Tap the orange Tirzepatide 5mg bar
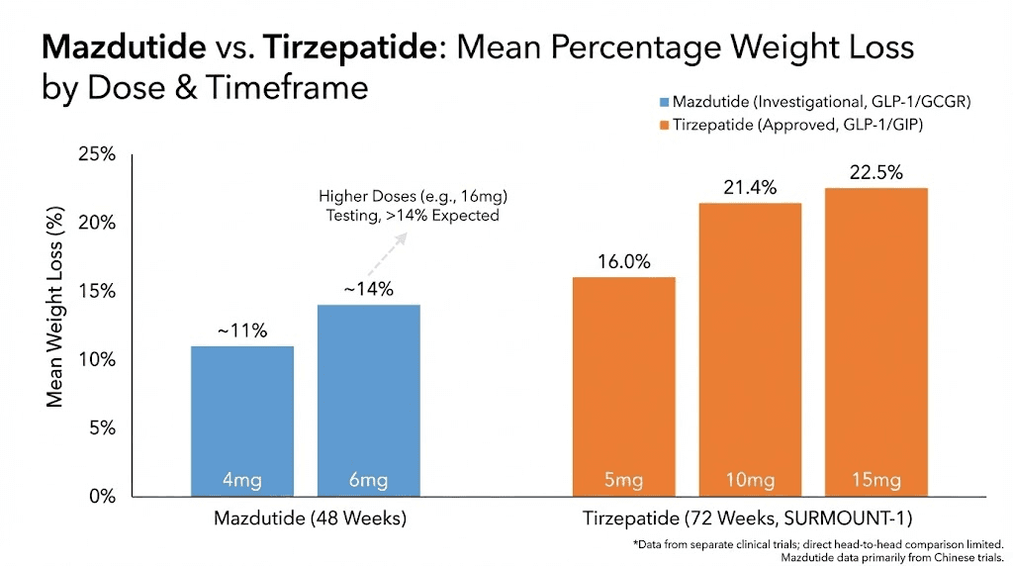(623, 386)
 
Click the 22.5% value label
(876, 172)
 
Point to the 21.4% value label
(750, 187)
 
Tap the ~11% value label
(241, 330)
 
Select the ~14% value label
(368, 289)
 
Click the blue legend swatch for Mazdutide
(663, 102)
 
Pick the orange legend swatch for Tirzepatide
(663, 125)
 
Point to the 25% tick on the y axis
(99, 155)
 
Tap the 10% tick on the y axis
(99, 360)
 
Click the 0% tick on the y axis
(103, 497)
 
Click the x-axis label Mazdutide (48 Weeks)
(311, 519)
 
